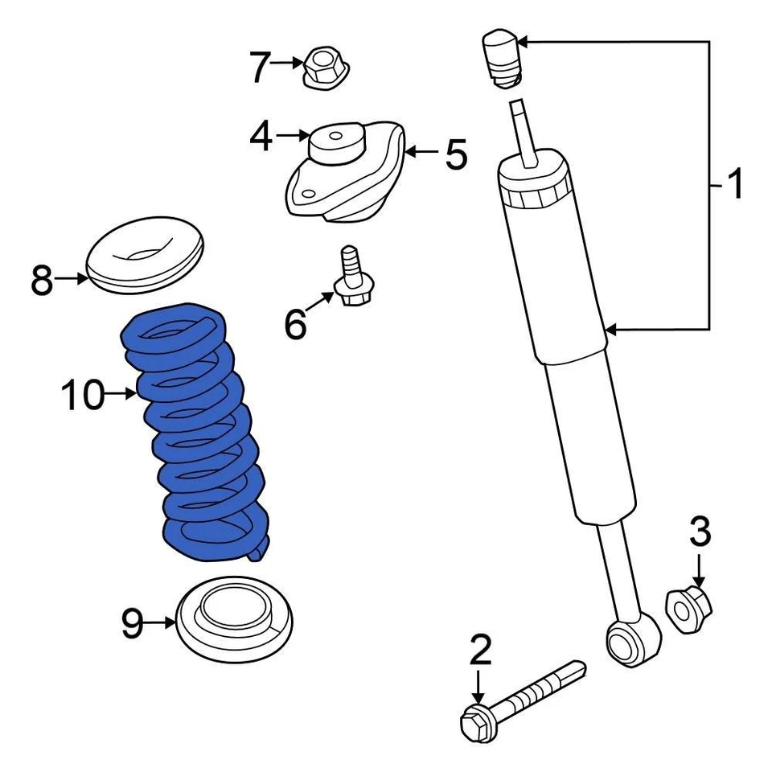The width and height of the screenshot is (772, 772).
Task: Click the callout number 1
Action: pos(734,185)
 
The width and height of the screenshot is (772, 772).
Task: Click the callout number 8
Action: pos(42,281)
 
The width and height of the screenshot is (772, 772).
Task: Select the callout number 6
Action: pos(296,324)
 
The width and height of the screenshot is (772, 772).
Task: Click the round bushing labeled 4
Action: pos(336,146)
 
